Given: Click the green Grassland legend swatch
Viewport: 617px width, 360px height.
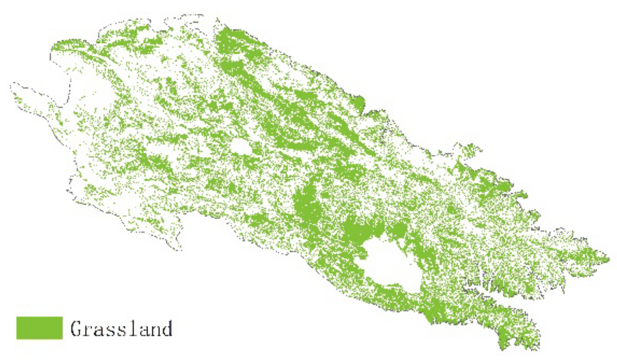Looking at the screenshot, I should coord(40,328).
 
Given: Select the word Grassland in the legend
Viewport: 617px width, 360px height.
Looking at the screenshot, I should coord(121,328).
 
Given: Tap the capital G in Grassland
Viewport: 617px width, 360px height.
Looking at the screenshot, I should coord(76,328).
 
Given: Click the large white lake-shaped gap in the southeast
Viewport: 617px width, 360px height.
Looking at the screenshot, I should coord(390,265).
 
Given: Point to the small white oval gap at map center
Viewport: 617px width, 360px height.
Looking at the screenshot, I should coord(240,147).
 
